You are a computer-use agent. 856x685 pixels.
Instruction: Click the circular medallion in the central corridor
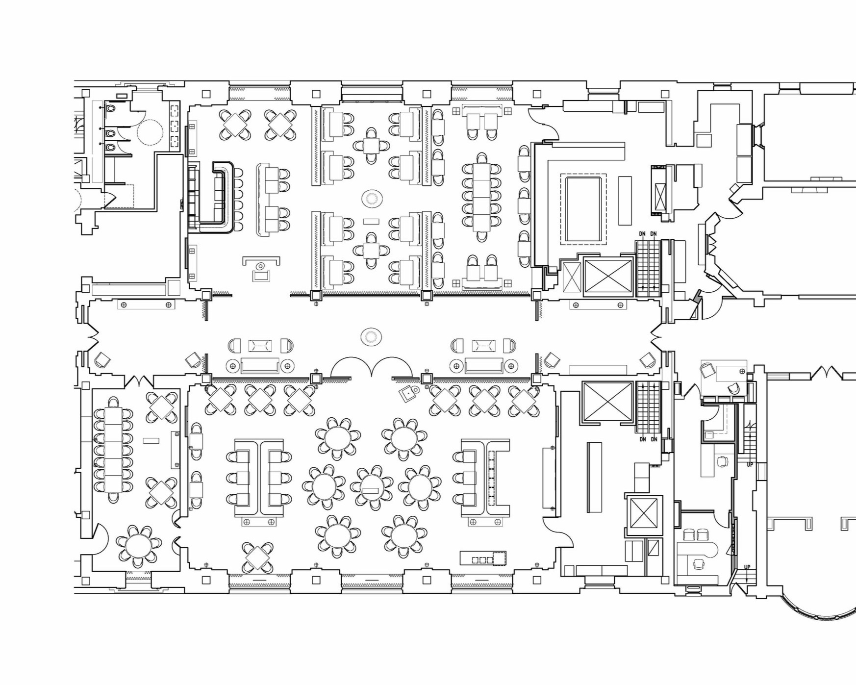point(371,337)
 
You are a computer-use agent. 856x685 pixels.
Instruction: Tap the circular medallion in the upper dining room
point(372,199)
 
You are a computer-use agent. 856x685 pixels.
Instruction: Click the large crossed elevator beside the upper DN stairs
point(608,276)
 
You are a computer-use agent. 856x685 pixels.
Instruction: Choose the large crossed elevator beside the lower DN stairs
point(608,402)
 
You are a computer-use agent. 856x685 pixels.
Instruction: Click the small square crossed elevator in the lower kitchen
point(643,514)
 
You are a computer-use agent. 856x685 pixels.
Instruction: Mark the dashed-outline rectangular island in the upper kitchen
point(583,209)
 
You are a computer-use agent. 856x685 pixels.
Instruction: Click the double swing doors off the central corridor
point(371,368)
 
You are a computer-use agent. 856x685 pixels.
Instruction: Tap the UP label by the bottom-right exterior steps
point(747,567)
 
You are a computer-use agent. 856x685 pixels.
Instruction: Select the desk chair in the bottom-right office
point(698,564)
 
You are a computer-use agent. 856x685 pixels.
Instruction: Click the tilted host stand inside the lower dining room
point(408,393)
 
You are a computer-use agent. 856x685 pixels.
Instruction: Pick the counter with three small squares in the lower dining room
point(483,558)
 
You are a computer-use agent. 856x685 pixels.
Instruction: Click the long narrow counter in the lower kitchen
point(594,477)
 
